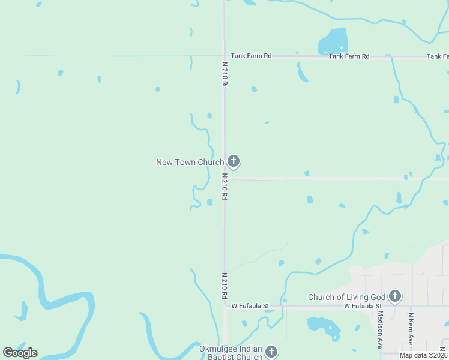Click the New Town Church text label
(190, 162)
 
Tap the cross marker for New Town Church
(234, 161)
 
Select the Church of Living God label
(346, 297)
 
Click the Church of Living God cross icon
(394, 295)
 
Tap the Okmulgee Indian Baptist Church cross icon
(271, 352)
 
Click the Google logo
(20, 353)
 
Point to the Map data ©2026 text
(423, 355)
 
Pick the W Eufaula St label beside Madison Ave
(363, 306)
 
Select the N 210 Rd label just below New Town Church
(224, 187)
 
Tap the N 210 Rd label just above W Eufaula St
(224, 286)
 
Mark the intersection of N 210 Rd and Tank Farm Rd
(224, 56)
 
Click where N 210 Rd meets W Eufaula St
(225, 306)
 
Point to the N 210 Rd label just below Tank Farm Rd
(224, 76)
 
